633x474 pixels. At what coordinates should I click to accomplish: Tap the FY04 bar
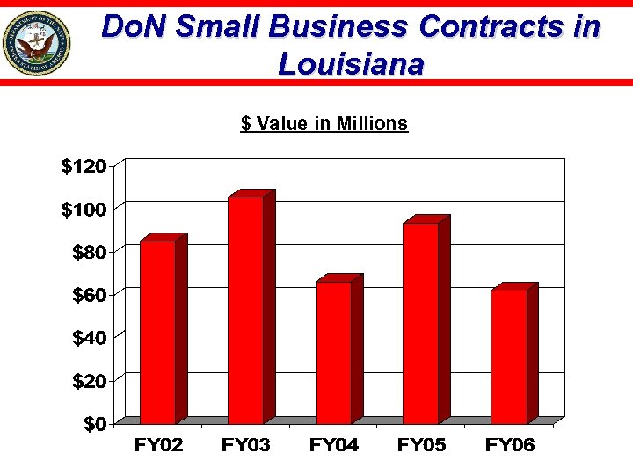click(x=333, y=352)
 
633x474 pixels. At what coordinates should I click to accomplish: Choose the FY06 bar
click(x=508, y=356)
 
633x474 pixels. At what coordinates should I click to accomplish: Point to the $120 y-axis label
click(x=84, y=166)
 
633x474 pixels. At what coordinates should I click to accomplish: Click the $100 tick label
click(x=84, y=209)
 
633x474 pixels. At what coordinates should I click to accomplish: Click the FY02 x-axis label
click(x=158, y=446)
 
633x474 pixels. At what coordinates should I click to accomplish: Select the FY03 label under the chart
click(x=246, y=446)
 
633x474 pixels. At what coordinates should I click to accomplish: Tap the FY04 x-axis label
click(x=334, y=446)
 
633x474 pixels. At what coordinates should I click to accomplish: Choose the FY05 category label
click(x=422, y=446)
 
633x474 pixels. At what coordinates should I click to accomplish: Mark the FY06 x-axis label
click(x=510, y=446)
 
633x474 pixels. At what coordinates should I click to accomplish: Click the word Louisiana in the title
click(x=351, y=64)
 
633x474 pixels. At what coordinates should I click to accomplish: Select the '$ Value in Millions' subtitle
click(x=324, y=123)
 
